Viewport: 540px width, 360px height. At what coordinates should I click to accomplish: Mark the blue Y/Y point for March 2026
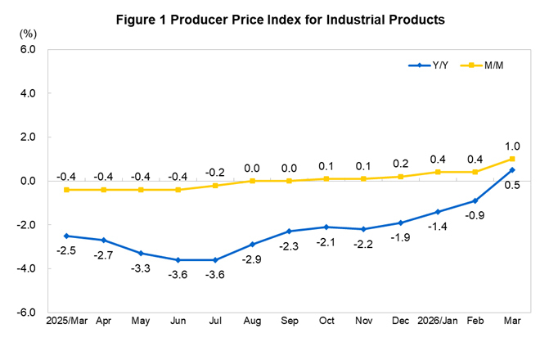pos(512,170)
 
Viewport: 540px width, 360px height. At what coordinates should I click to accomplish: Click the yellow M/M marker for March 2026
pos(512,159)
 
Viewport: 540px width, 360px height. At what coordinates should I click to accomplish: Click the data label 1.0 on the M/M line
pos(512,145)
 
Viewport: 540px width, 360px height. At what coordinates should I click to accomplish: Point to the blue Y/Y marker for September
pos(287,232)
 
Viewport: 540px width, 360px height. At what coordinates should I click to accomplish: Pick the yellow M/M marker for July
pos(214,185)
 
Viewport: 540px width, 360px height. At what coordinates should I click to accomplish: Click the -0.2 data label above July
pos(214,172)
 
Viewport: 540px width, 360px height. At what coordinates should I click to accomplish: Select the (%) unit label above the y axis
pos(29,34)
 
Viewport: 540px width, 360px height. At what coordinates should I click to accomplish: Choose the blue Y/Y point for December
pos(399,223)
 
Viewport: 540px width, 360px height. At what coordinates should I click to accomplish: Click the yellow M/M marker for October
pos(326,178)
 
